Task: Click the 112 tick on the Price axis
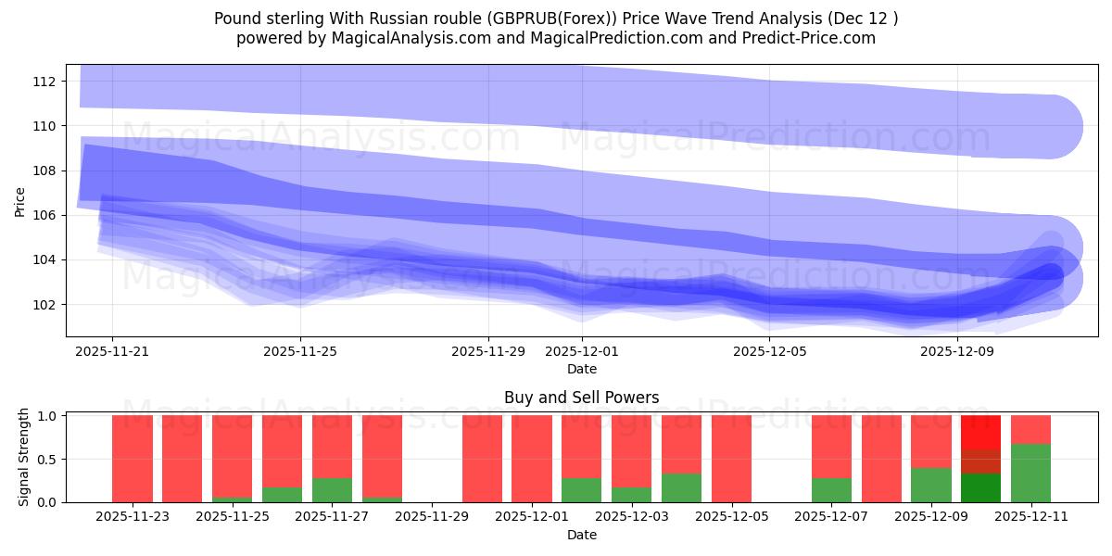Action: [45, 82]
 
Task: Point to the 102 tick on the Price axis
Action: [45, 304]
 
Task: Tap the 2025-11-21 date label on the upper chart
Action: [112, 351]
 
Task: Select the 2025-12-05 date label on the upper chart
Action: [770, 351]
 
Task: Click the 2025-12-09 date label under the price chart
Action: [958, 351]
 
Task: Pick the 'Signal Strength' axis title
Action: [25, 458]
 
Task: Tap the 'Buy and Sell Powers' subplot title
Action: [581, 398]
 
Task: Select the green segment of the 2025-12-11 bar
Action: [1030, 473]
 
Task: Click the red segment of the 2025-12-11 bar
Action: [1030, 429]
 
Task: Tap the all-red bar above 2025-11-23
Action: [133, 458]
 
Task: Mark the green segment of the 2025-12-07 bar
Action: [831, 489]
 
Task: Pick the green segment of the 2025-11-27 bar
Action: [332, 489]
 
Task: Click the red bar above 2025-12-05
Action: [731, 458]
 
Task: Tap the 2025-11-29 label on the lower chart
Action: [432, 517]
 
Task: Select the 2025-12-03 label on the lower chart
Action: [632, 517]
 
